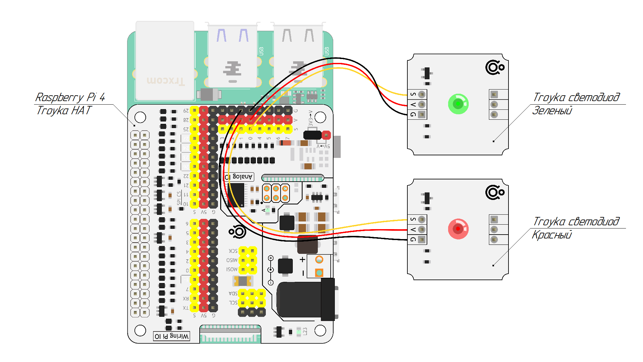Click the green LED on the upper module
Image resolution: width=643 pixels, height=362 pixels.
point(458,104)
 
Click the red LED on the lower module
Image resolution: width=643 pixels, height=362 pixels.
point(458,229)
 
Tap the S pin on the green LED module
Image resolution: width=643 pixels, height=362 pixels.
point(421,94)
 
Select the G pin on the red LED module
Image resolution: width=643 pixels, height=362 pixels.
point(421,239)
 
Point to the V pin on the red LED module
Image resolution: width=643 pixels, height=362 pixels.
point(421,229)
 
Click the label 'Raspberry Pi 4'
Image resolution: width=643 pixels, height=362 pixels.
point(70,97)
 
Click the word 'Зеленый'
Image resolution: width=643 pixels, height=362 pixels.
point(552,111)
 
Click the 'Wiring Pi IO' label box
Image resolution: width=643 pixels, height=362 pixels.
point(171,336)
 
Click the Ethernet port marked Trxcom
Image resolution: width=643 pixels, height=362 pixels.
point(165,61)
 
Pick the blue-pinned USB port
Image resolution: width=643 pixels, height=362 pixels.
point(232,56)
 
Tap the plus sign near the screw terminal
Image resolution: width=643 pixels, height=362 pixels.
point(302,259)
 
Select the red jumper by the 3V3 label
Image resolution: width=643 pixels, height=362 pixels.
point(326,135)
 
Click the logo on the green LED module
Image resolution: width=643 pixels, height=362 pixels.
point(495,67)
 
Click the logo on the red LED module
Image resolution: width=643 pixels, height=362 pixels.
point(495,192)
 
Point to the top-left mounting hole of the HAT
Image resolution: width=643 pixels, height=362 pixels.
point(140,117)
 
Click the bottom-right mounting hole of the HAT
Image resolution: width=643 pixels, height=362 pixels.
point(320,330)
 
